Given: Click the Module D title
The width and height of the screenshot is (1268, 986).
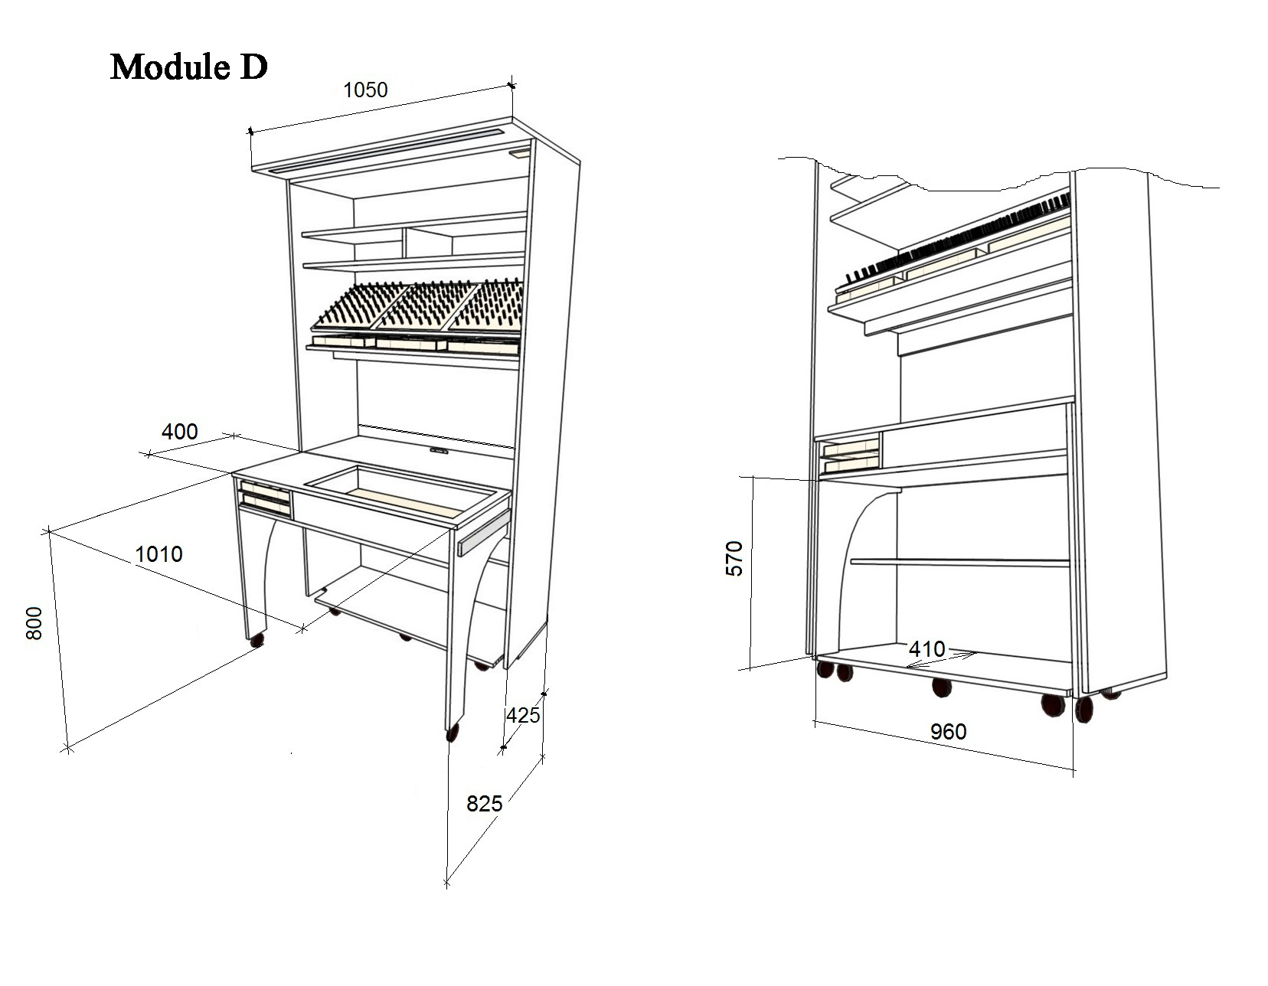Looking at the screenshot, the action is point(189,67).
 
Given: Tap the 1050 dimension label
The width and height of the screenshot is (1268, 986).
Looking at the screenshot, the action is point(365,90).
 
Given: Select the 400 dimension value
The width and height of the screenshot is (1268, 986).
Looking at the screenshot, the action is point(179,432).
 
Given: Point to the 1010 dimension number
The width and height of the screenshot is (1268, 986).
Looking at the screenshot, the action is point(158,554).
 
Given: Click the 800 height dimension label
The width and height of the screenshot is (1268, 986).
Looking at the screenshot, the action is point(35,623).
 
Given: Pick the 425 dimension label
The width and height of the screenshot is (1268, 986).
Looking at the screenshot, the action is point(523,716).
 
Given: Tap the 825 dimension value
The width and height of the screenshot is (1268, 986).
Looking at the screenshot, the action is point(485,804).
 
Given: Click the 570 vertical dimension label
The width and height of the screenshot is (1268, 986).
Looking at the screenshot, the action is point(734,558).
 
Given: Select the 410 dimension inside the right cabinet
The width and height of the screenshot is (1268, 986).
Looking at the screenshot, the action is point(926,650).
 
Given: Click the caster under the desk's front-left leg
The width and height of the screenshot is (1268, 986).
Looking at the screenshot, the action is point(257,639).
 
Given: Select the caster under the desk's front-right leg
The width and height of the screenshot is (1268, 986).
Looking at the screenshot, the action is point(452,733).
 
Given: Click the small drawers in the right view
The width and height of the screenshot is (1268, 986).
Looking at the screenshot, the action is point(850,456).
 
